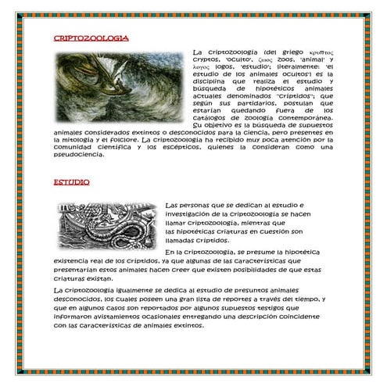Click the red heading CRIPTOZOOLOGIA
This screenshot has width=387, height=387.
click(x=91, y=38)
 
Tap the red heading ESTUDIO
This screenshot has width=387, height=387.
click(x=71, y=182)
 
